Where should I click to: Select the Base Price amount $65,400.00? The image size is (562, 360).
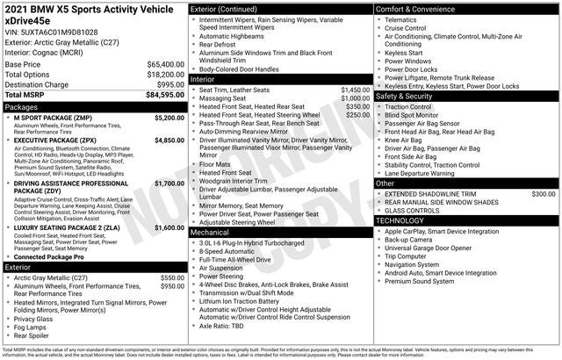point(165,65)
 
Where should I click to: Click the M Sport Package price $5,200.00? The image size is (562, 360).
point(169,117)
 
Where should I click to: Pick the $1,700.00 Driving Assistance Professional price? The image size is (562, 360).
point(169,184)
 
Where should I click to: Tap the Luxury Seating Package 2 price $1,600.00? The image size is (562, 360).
point(169,227)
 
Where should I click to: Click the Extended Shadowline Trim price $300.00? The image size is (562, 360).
point(543,193)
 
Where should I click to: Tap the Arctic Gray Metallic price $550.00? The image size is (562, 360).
point(172,277)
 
